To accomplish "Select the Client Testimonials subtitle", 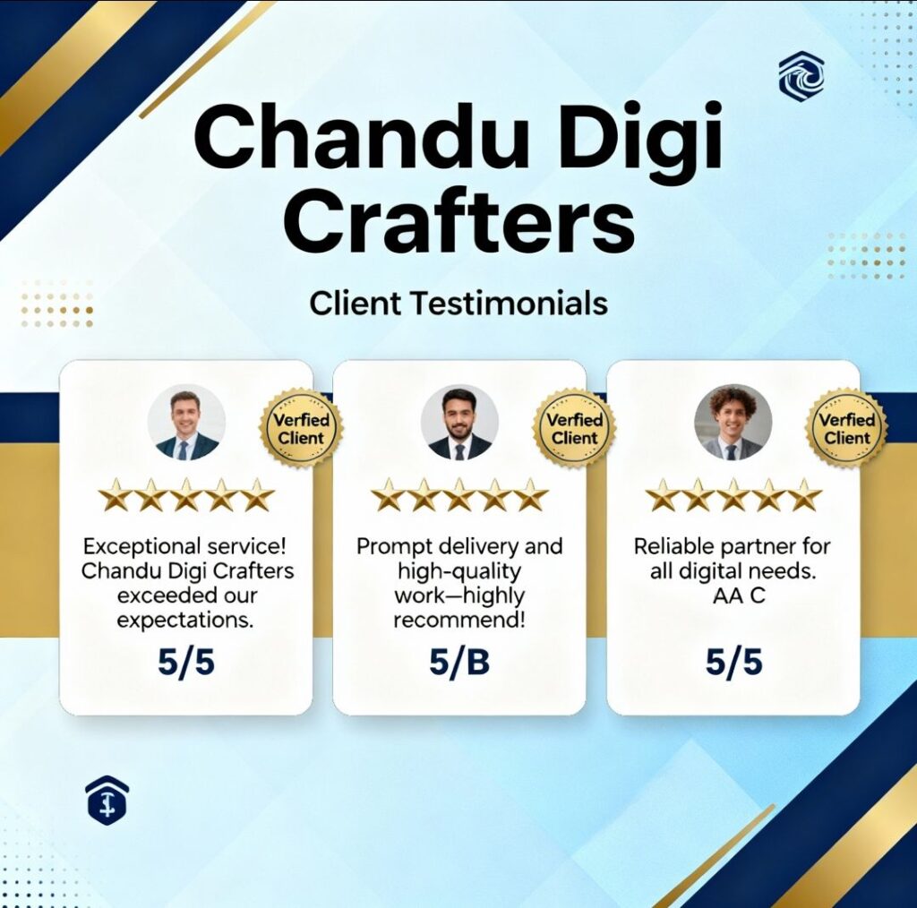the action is (458, 304).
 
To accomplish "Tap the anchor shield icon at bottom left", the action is (107, 800).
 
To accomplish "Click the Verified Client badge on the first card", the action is (301, 429).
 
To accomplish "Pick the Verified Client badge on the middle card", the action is (574, 429).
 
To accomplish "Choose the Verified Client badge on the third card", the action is (847, 429).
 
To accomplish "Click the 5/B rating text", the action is (459, 663).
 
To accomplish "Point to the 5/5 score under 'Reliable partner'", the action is (733, 663).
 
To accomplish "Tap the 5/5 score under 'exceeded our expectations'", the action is (186, 663).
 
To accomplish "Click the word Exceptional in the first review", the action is (142, 547).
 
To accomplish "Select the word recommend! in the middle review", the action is (459, 620).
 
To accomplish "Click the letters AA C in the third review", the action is (739, 595).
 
